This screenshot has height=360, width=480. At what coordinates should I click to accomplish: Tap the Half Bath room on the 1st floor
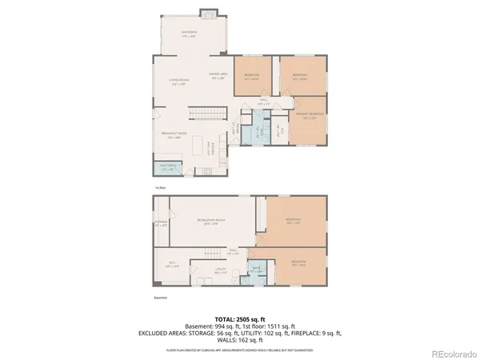pos(167,169)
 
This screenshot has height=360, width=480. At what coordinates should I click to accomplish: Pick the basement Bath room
pos(258,270)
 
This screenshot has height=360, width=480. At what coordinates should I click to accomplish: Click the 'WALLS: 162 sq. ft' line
pos(240,340)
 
